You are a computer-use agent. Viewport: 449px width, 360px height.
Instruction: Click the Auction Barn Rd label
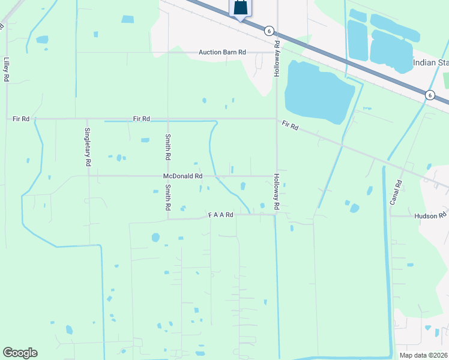tap(223, 53)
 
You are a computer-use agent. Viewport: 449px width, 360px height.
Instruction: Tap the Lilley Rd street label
tap(6, 70)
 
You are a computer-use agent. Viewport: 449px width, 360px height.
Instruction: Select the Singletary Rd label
tap(88, 146)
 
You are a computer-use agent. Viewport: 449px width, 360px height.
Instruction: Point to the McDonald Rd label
tap(182, 176)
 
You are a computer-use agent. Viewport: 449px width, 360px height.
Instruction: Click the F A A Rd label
tap(220, 215)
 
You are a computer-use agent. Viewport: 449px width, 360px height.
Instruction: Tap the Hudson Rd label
tap(430, 215)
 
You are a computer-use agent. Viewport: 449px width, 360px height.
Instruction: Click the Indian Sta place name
tap(430, 62)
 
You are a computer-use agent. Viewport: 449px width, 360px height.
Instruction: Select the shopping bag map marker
tap(240, 7)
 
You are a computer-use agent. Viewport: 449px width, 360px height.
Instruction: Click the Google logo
tap(20, 353)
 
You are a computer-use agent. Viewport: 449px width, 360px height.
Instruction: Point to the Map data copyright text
tap(423, 355)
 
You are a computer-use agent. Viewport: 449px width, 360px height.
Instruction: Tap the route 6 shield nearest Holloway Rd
tap(270, 30)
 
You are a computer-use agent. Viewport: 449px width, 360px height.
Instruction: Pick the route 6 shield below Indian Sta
tap(430, 95)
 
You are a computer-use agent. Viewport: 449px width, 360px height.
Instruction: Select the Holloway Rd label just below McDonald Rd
tap(277, 192)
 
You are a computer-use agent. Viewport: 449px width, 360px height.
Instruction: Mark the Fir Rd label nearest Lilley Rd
tap(21, 119)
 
